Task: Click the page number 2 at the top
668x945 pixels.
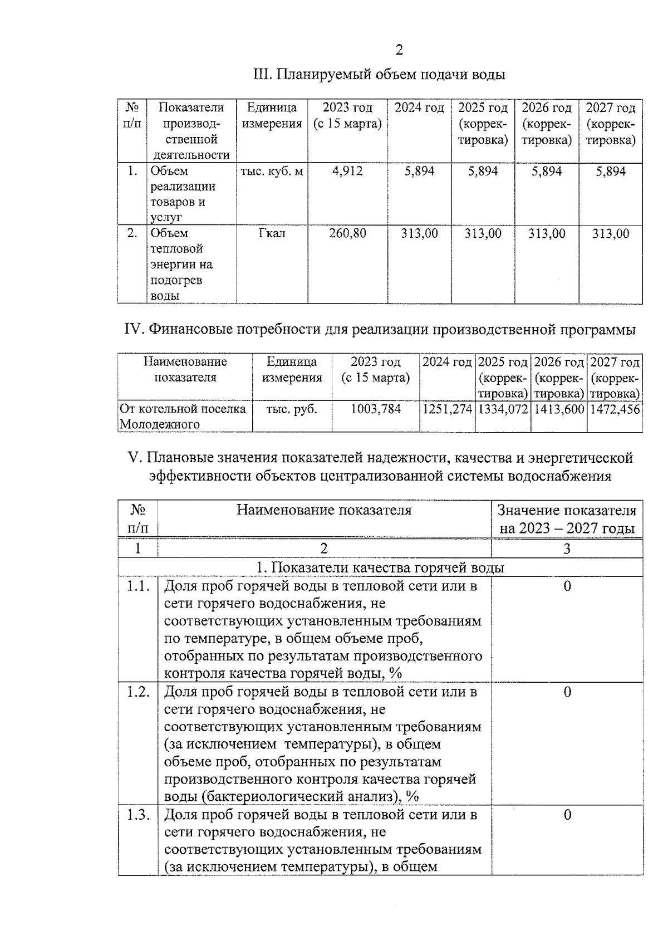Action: (x=399, y=51)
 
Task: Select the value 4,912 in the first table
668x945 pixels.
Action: (x=347, y=172)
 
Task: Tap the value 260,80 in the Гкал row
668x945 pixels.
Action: (x=347, y=233)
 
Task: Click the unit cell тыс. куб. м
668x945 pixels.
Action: (x=272, y=172)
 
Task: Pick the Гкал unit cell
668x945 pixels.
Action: (x=272, y=233)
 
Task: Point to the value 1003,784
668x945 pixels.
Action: (x=375, y=409)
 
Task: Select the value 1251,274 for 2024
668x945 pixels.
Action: (x=448, y=409)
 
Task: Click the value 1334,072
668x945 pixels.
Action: (x=503, y=409)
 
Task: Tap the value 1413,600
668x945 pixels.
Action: (x=559, y=409)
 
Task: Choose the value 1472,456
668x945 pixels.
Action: (x=615, y=409)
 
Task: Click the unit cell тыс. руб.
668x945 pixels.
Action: (x=292, y=409)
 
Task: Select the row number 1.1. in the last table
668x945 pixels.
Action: (x=137, y=586)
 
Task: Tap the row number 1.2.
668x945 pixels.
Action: (x=137, y=692)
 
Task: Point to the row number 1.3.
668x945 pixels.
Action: (x=137, y=815)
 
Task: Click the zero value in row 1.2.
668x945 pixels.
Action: (x=567, y=692)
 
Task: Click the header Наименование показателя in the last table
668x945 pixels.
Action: (x=324, y=510)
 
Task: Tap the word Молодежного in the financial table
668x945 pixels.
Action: (x=160, y=424)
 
